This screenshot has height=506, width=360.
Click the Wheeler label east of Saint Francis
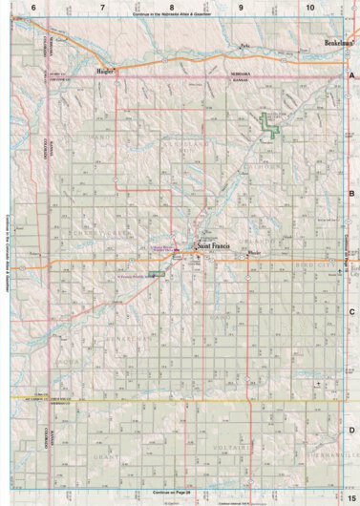pos(253,253)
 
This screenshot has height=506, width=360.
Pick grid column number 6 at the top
pos(33,8)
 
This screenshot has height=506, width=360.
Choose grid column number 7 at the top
pos(102,8)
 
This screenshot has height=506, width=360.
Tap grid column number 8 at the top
pos(172,8)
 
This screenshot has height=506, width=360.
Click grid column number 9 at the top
pos(241,8)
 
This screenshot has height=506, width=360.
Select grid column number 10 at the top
pos(309,8)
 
